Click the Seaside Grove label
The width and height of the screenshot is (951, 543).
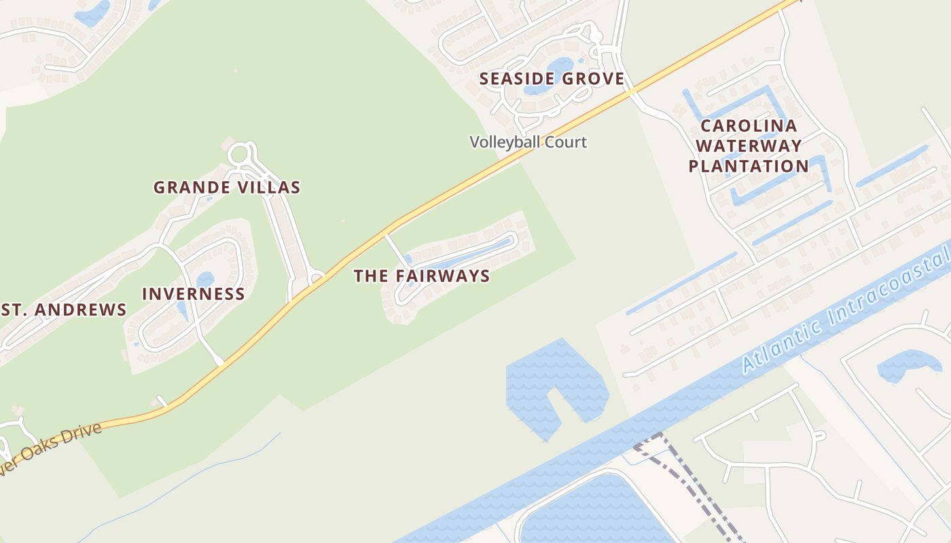pos(552,79)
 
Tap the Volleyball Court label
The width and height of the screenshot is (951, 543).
pos(528,143)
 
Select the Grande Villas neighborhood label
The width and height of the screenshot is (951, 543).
pos(227,187)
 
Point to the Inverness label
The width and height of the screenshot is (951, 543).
pos(194,294)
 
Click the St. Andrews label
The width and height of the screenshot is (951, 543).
pos(64,310)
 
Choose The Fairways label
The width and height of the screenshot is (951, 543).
pos(422,276)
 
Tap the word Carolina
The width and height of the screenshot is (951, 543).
pos(749,126)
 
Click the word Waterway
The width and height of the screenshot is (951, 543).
pos(749,146)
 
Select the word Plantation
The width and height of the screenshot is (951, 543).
pos(749,166)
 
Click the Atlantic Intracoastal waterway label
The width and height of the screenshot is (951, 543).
pos(846,311)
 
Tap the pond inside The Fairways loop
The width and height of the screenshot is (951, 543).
pos(469,255)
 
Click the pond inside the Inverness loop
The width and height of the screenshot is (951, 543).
pos(204,280)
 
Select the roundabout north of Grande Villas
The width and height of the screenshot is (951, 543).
pos(238,155)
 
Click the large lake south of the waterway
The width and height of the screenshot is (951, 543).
pos(591,512)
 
